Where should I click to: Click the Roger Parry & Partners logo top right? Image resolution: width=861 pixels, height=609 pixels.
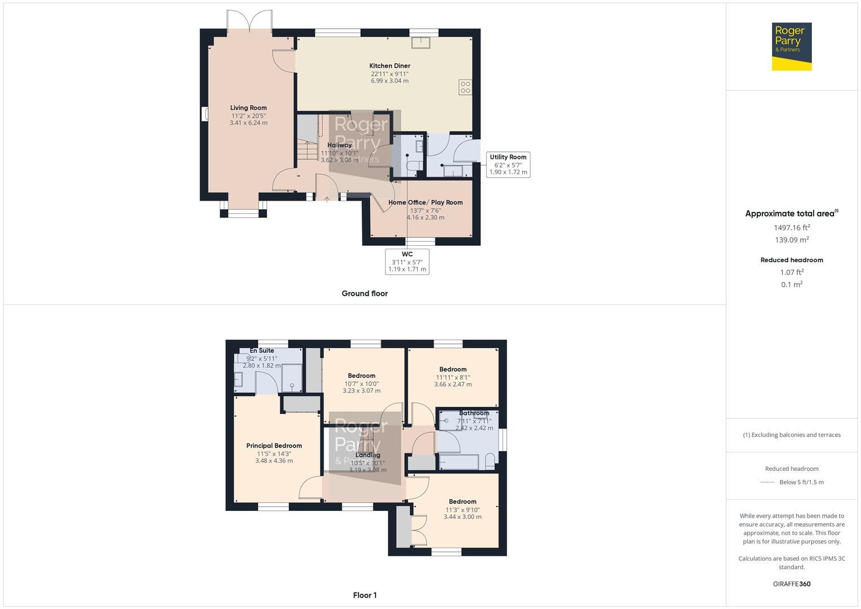(791, 46)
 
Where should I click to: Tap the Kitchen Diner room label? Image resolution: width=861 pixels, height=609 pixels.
(390, 66)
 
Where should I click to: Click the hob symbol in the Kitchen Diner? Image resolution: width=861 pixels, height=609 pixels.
(465, 87)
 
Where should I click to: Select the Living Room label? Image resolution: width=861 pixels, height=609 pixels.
(248, 108)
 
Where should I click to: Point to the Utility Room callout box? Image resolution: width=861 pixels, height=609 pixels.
(508, 165)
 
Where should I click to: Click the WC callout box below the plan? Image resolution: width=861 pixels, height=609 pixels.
(407, 262)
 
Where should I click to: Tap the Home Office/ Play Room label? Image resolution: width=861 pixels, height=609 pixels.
(425, 202)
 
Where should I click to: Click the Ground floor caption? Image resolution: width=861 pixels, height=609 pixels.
(364, 293)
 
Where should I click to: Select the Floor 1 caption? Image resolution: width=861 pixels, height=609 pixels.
(365, 595)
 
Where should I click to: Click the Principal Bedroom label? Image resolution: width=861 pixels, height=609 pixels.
(274, 445)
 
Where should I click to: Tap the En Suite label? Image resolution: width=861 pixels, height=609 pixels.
(262, 351)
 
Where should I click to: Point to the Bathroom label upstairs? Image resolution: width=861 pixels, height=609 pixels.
(474, 413)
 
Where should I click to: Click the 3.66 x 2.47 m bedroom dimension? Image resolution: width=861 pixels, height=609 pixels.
(453, 385)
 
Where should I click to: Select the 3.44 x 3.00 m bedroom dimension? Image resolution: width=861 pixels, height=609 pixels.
(462, 517)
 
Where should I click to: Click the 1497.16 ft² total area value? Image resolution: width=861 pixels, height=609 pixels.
(792, 228)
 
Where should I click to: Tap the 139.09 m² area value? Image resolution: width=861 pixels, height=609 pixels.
(792, 240)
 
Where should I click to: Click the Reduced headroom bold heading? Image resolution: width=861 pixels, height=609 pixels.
(792, 260)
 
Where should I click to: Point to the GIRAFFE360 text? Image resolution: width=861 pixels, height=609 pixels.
(792, 584)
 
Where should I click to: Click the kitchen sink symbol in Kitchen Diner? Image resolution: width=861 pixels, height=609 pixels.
(420, 43)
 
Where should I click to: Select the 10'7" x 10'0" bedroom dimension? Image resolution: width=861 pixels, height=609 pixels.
(361, 383)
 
